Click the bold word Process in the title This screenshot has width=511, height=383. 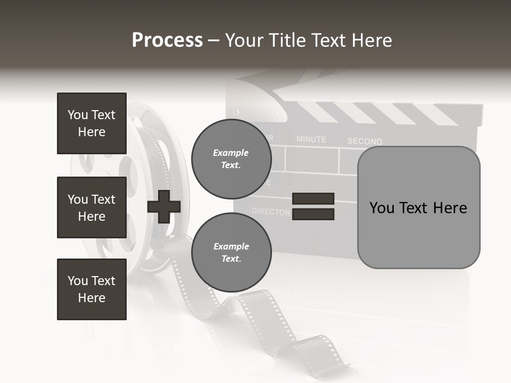tap(167, 40)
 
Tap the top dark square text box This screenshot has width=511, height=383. tap(92, 123)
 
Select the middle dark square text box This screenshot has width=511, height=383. tap(92, 207)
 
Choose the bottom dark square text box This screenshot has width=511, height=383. tap(92, 289)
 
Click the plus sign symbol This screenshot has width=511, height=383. tap(164, 206)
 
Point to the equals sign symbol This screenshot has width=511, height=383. tap(313, 206)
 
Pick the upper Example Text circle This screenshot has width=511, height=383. tap(231, 159)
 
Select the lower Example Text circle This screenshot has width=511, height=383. tap(231, 253)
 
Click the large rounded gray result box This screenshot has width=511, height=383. tap(418, 207)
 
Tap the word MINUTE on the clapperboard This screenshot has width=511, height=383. tap(311, 139)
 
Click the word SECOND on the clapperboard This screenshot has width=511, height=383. tap(365, 141)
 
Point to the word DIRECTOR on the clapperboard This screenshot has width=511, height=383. tap(271, 211)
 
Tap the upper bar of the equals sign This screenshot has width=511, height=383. tap(313, 199)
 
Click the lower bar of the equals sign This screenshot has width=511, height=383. tap(313, 214)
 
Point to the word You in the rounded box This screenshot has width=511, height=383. tap(382, 207)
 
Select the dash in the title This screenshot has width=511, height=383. tap(213, 41)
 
